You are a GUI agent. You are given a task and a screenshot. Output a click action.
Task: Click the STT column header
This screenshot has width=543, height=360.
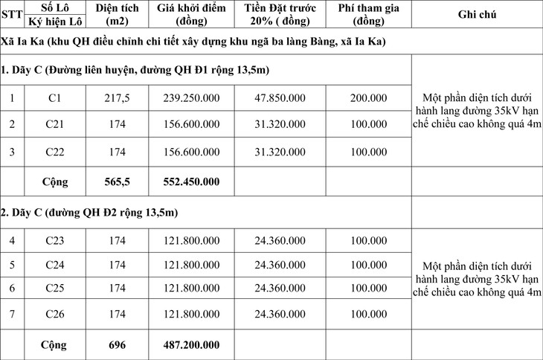tap(11, 15)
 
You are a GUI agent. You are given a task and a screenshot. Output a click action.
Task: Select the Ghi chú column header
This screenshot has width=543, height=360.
tap(477, 15)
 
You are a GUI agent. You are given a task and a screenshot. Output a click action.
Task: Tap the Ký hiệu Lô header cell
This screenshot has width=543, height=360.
tap(54, 22)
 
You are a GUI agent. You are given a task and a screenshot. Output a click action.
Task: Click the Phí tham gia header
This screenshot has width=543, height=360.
tap(368, 15)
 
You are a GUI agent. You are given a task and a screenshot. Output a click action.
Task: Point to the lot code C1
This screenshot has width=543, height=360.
tap(54, 98)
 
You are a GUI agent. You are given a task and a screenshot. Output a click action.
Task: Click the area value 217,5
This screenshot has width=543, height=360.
tap(118, 98)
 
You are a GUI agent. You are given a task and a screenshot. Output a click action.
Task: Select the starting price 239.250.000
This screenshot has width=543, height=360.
tap(191, 98)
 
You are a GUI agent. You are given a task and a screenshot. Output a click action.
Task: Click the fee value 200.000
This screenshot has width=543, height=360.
tap(368, 98)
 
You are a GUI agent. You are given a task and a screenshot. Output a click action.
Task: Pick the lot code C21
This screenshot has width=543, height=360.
tap(54, 125)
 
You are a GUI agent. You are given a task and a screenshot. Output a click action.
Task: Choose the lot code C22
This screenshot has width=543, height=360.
tap(54, 152)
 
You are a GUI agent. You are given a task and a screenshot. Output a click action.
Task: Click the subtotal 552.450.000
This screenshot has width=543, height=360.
tap(191, 181)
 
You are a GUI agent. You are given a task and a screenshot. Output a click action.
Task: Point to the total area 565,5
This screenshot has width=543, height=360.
tap(118, 181)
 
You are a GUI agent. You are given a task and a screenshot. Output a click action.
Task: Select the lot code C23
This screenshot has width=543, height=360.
tap(54, 240)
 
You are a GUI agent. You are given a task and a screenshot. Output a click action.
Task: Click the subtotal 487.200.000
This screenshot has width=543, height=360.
tap(191, 345)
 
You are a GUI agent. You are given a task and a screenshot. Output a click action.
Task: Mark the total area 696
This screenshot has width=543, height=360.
tap(118, 345)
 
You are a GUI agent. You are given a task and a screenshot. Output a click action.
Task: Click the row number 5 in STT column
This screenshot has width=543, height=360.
tap(11, 265)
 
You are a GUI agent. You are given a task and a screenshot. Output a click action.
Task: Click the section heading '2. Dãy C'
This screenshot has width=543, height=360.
tap(89, 213)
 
